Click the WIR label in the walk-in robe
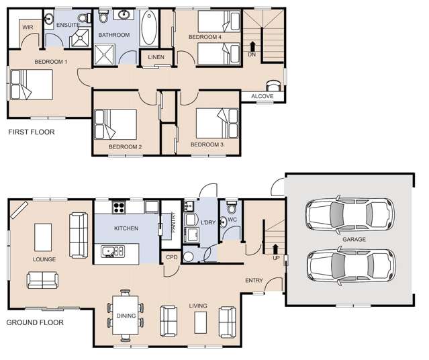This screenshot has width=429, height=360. point(28,27)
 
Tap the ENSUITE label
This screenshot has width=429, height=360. point(68,25)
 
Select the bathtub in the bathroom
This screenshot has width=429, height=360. point(149,31)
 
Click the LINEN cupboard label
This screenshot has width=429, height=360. point(156,57)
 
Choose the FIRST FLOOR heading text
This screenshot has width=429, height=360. point(31,132)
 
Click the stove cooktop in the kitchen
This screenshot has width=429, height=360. point(119,207)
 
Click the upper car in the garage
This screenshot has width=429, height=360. point(347,215)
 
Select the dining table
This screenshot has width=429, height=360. point(125,314)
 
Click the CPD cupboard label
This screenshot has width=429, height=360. point(171,257)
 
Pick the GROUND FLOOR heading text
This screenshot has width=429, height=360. point(35,322)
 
